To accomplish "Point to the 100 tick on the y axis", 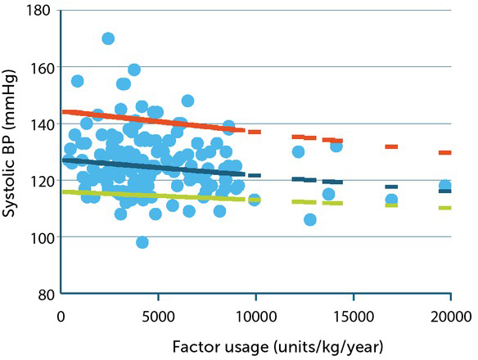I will click(x=41, y=237).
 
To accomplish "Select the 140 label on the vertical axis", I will click(x=41, y=124).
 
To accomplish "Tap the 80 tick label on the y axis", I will click(x=45, y=294).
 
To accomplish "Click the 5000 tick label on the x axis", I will click(x=159, y=315).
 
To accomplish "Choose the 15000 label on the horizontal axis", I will click(x=353, y=315).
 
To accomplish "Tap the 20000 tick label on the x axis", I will click(x=450, y=315).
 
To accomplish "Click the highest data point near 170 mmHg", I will click(x=108, y=38).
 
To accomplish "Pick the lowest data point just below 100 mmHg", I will click(x=142, y=242).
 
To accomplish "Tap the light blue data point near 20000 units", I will click(x=445, y=187).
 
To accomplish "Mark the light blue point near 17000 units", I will click(x=391, y=200).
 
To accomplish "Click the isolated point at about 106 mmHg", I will click(x=309, y=220).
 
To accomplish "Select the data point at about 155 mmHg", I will click(x=77, y=81).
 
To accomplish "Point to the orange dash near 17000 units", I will click(x=391, y=146).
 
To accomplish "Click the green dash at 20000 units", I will click(x=445, y=208).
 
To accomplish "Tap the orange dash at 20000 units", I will click(x=445, y=152).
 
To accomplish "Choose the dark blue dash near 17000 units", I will click(x=391, y=187).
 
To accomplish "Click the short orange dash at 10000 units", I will click(x=255, y=132).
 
